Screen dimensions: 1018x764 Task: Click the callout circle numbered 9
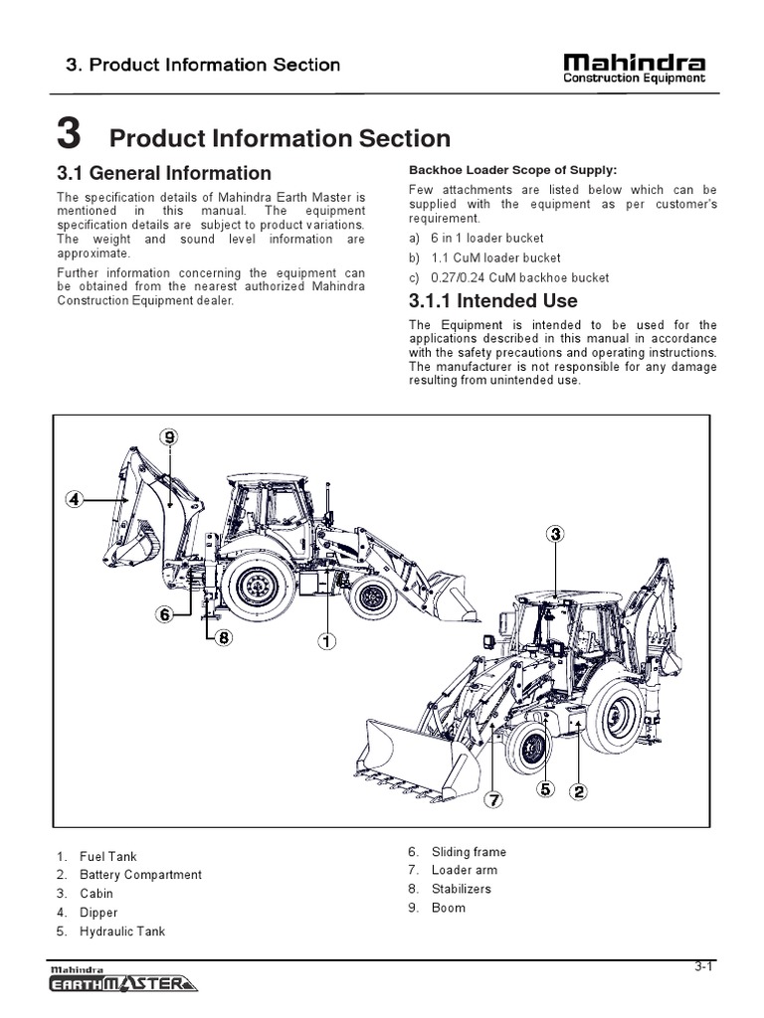pyautogui.click(x=170, y=437)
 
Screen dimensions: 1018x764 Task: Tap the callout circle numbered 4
pyautogui.click(x=74, y=499)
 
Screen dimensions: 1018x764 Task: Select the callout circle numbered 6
pyautogui.click(x=164, y=615)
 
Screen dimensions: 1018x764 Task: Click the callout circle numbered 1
pyautogui.click(x=325, y=641)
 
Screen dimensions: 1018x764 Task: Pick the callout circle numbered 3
pyautogui.click(x=555, y=534)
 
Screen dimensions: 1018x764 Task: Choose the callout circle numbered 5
pyautogui.click(x=544, y=790)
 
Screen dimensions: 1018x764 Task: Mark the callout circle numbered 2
pyautogui.click(x=578, y=791)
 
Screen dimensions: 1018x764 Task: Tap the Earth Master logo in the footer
pyautogui.click(x=122, y=981)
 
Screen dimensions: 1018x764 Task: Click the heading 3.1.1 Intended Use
pyautogui.click(x=492, y=300)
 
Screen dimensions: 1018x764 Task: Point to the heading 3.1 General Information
pyautogui.click(x=164, y=173)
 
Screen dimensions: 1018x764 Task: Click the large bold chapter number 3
pyautogui.click(x=69, y=132)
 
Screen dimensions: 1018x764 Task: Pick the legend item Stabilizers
pyautogui.click(x=461, y=889)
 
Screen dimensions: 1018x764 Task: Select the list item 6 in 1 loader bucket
pyautogui.click(x=480, y=239)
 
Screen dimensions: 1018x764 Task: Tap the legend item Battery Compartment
pyautogui.click(x=140, y=875)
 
